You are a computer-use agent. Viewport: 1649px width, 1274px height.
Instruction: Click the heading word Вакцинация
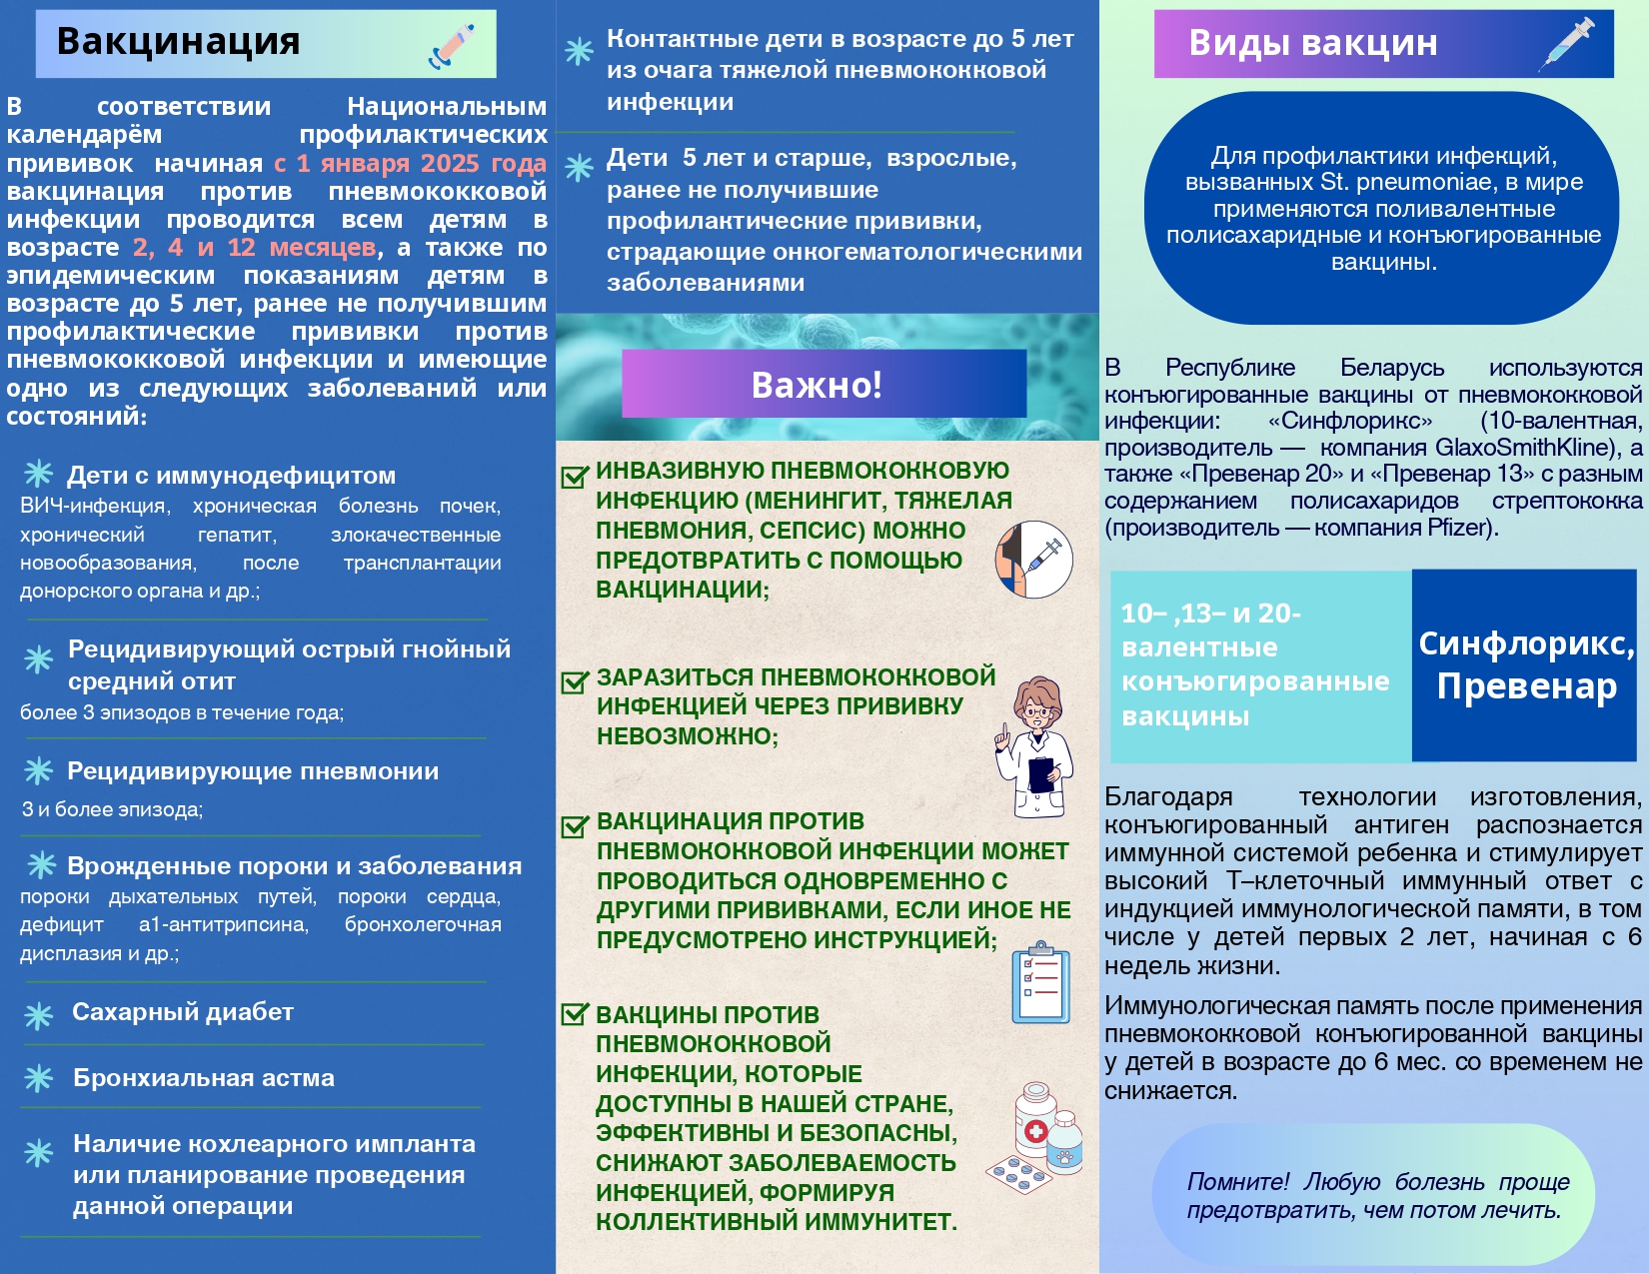tap(178, 42)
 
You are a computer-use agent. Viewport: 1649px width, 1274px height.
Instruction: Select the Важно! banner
tap(824, 384)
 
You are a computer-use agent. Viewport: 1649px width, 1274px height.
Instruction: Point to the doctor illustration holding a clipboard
tap(1035, 745)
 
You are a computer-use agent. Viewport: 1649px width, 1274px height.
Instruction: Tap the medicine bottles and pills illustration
tap(1036, 1139)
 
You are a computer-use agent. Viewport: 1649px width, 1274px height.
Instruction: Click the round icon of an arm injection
tap(1034, 560)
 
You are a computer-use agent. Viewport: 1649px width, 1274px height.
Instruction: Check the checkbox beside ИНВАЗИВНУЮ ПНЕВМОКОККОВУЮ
tap(574, 477)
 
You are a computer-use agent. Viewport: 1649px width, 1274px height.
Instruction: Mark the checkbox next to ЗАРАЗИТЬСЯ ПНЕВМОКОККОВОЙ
tap(575, 682)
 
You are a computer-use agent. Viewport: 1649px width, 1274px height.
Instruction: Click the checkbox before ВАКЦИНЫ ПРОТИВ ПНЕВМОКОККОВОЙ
tap(575, 1014)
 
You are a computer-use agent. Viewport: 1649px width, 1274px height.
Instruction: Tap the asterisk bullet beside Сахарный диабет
tap(39, 1016)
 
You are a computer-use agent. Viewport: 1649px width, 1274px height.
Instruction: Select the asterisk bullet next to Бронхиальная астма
tap(39, 1078)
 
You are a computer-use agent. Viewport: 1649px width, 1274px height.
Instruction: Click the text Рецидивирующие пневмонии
tap(253, 771)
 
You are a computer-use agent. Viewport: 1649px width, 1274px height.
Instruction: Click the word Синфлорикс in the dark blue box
tap(1526, 644)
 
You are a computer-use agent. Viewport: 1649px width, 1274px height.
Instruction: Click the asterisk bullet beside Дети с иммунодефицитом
tap(39, 473)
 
